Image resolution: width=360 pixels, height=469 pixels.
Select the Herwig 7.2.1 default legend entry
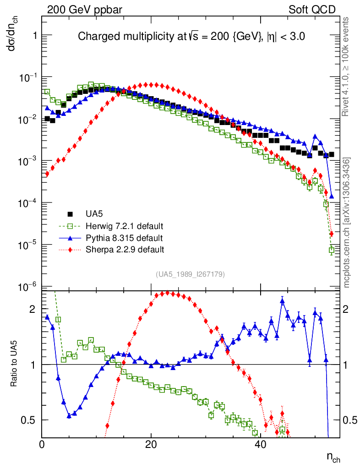pyautogui.click(x=125, y=226)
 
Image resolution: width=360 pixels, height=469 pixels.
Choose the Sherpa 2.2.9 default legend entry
pyautogui.click(x=125, y=250)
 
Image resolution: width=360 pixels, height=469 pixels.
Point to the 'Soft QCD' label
pyautogui.click(x=312, y=9)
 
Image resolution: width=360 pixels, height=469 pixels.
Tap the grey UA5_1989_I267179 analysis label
pyautogui.click(x=190, y=274)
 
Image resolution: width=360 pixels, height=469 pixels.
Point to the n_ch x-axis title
pyautogui.click(x=333, y=457)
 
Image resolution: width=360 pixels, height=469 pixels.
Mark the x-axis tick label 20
pyautogui.click(x=151, y=444)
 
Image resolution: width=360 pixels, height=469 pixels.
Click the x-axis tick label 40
pyautogui.click(x=260, y=444)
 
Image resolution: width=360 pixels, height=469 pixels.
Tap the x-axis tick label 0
pyautogui.click(x=42, y=444)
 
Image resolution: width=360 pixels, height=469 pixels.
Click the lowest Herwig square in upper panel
pyautogui.click(x=332, y=251)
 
